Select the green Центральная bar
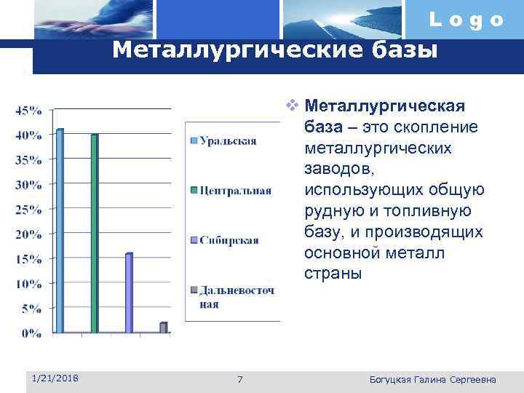[x=94, y=234]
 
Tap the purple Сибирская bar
[x=129, y=293]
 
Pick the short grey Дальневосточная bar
[x=163, y=327]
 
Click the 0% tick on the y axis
[x=31, y=333]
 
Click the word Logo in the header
[x=466, y=20]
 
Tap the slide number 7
[x=241, y=379]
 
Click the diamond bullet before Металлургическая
[x=292, y=106]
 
